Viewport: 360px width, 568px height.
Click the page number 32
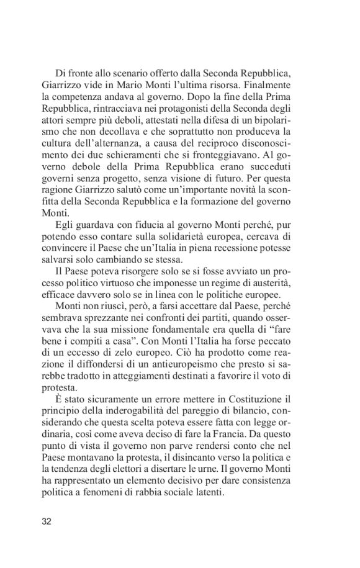click(x=47, y=521)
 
